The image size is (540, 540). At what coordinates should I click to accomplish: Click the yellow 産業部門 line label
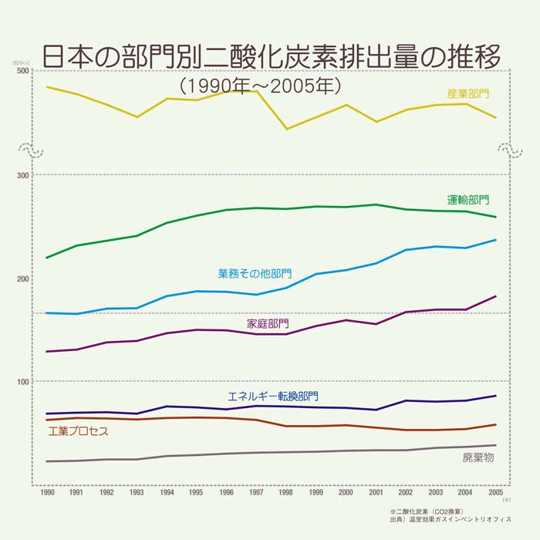[468, 93]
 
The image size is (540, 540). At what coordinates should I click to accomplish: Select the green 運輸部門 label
[468, 199]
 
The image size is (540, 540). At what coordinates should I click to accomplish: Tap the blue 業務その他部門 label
[255, 273]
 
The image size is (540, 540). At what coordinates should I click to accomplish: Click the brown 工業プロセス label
[78, 431]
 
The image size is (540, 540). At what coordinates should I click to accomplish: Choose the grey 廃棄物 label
[478, 457]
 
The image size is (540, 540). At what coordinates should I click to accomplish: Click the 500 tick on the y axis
[23, 71]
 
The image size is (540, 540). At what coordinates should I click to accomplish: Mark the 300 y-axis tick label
[23, 175]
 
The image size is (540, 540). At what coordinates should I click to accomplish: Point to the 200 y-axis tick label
[23, 279]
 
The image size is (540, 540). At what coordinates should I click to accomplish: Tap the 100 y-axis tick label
[23, 383]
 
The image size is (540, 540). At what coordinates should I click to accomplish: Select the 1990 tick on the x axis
[47, 492]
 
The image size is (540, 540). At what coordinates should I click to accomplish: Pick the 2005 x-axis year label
[496, 492]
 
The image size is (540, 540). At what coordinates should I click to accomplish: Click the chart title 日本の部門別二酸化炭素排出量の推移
[270, 56]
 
